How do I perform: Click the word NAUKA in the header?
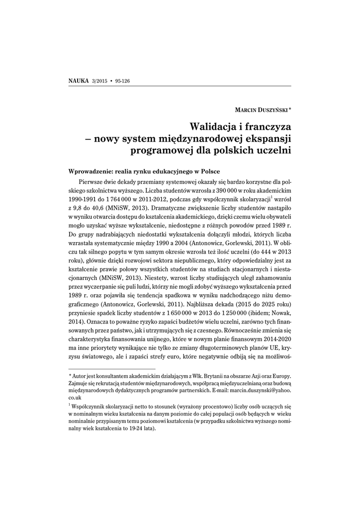[78, 81]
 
